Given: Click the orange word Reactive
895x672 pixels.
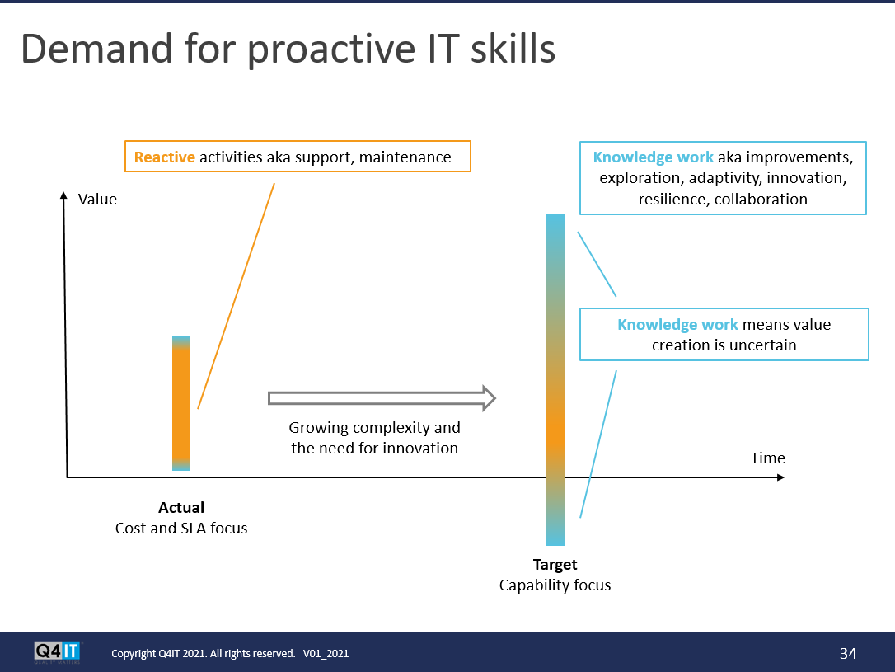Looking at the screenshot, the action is pyautogui.click(x=164, y=157).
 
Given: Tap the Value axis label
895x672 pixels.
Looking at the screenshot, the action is pyautogui.click(x=97, y=200).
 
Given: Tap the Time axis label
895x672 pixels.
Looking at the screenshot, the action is pyautogui.click(x=768, y=458).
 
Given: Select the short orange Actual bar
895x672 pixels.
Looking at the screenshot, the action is pyautogui.click(x=181, y=403).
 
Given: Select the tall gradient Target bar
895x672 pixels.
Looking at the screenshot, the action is pyautogui.click(x=555, y=379).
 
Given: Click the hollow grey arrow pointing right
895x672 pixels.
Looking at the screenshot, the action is pyautogui.click(x=382, y=398).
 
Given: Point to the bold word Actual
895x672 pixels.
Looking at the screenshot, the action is pyautogui.click(x=181, y=508).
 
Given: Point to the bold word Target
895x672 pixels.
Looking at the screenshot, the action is pyautogui.click(x=555, y=565).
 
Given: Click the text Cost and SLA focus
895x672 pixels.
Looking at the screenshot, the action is pyautogui.click(x=181, y=529).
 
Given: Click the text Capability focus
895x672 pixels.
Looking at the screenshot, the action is pyautogui.click(x=555, y=585).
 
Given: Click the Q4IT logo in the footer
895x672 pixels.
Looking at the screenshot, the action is pyautogui.click(x=58, y=652).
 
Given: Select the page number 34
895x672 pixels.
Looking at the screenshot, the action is pyautogui.click(x=848, y=653).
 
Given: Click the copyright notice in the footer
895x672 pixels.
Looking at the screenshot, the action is pyautogui.click(x=230, y=653).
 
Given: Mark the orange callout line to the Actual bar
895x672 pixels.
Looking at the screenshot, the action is pyautogui.click(x=237, y=296).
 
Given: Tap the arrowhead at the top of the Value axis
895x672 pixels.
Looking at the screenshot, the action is pyautogui.click(x=63, y=195).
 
